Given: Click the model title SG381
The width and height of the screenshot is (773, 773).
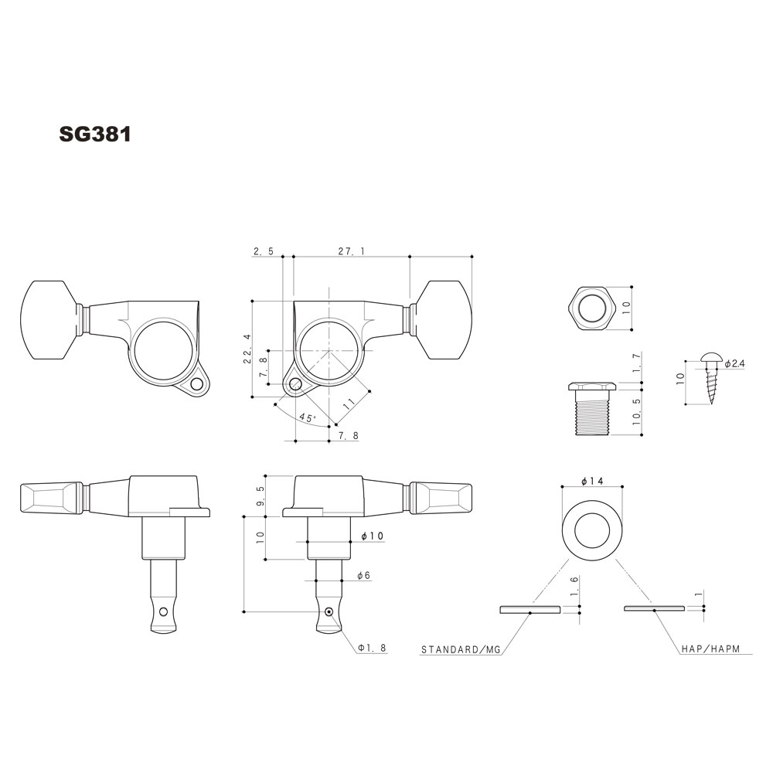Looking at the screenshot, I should pos(95,134).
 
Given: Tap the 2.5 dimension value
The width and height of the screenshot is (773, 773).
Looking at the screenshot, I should pos(263,251).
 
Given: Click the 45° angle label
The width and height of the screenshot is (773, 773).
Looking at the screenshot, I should pos(307,418).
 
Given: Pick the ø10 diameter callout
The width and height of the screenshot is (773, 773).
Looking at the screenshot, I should pos(372,536).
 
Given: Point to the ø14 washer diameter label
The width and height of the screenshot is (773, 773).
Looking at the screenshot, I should pos(591,481).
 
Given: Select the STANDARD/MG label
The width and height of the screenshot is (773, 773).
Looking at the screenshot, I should pos(461,649).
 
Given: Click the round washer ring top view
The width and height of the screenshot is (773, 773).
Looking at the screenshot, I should pos(591,533).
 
